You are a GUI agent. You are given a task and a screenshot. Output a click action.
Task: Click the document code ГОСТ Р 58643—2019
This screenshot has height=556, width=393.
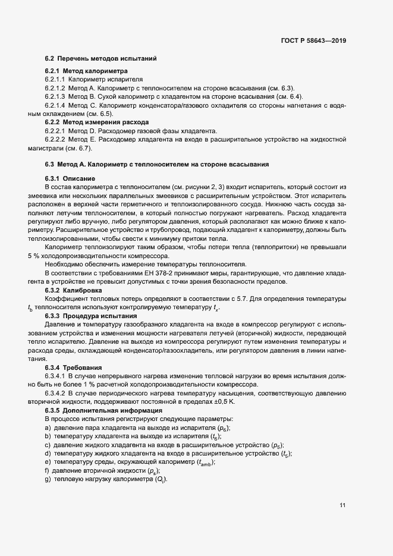point(314,41)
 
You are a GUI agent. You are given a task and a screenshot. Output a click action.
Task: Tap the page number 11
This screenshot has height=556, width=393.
point(342,505)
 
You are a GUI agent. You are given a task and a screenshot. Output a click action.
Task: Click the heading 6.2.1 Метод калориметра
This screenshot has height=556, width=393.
point(78,71)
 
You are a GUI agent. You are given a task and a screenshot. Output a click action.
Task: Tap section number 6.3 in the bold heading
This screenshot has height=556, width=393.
point(49,164)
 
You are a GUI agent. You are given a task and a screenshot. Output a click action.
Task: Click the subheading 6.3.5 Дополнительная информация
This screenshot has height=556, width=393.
point(95,411)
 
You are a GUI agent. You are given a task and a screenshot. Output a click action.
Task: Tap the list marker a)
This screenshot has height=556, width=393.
point(47,428)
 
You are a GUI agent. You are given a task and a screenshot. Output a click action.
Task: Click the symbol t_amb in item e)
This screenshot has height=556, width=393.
point(203,463)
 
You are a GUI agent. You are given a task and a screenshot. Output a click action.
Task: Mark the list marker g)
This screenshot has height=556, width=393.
point(47,480)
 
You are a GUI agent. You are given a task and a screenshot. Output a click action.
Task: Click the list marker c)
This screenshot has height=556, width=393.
point(47,445)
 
